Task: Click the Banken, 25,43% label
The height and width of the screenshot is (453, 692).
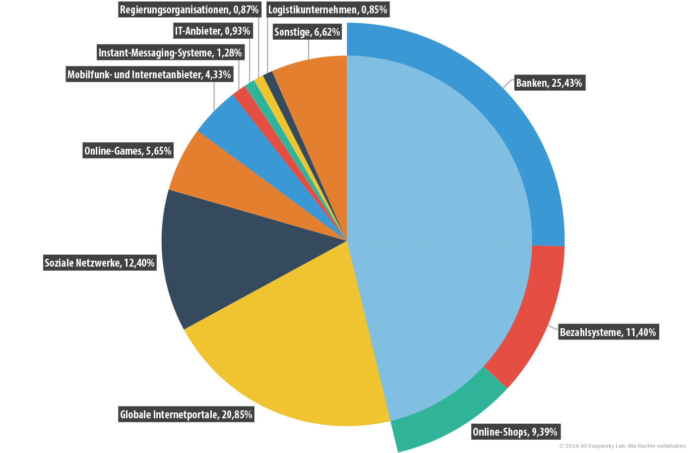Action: pyautogui.click(x=550, y=83)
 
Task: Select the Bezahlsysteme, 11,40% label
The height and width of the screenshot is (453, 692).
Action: pyautogui.click(x=608, y=332)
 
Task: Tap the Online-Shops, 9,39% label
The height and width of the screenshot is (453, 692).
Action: pyautogui.click(x=515, y=431)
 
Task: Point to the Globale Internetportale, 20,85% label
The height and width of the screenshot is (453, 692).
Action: pyautogui.click(x=186, y=414)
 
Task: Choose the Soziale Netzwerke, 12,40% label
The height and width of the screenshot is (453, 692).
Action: pyautogui.click(x=100, y=263)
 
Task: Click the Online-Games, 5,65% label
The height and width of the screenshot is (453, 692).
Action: pyautogui.click(x=128, y=150)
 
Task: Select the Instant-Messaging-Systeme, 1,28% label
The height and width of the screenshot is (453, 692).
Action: pyautogui.click(x=171, y=53)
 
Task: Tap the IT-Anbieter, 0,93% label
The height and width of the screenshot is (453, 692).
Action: pyautogui.click(x=213, y=31)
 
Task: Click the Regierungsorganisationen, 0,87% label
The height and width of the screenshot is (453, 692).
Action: pyautogui.click(x=189, y=9)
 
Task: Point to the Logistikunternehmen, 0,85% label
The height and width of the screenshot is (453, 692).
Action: pyautogui.click(x=328, y=9)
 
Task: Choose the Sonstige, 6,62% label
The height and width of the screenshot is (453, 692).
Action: pyautogui.click(x=308, y=32)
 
